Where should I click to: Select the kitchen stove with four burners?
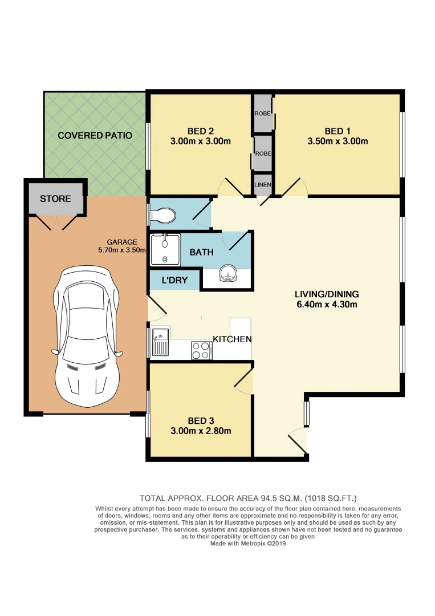(x=201, y=350)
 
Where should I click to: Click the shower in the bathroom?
(x=165, y=250)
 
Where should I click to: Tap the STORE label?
(x=55, y=198)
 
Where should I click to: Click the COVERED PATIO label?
(x=95, y=135)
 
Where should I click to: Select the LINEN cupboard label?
(x=263, y=185)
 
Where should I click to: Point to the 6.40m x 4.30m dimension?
(x=326, y=305)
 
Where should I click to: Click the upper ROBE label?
(x=263, y=114)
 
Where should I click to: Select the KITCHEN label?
(x=232, y=339)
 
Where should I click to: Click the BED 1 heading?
(x=339, y=131)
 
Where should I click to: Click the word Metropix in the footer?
(x=246, y=544)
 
